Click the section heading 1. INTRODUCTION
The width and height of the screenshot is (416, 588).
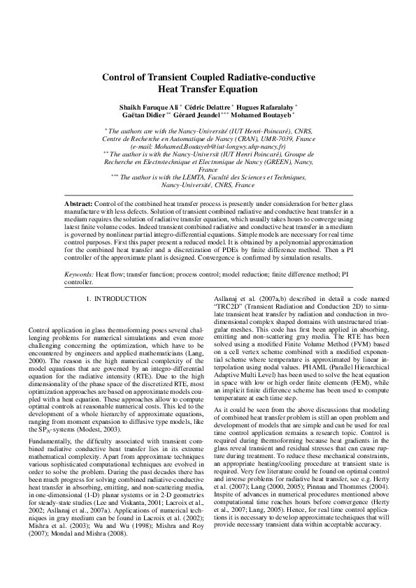(x=116, y=299)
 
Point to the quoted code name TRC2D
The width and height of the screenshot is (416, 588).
(x=230, y=307)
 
